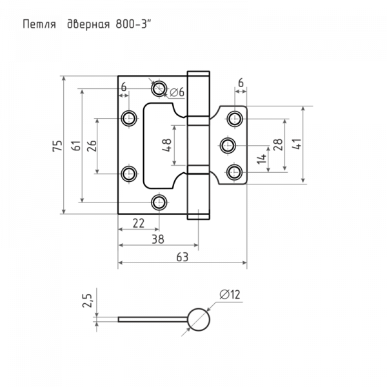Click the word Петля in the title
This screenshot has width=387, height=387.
(39, 25)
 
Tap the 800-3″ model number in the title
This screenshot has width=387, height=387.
(133, 25)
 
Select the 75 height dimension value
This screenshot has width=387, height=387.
(57, 146)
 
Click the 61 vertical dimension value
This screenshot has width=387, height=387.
(76, 146)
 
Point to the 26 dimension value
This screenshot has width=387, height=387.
(92, 146)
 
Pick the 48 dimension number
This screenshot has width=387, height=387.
(166, 145)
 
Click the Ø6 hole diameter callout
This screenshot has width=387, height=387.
(177, 92)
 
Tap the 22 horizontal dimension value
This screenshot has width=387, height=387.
(139, 223)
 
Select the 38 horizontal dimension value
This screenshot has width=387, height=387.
(158, 239)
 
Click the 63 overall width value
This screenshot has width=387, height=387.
(183, 257)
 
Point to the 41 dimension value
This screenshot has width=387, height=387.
(297, 144)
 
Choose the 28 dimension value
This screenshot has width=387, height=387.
(277, 144)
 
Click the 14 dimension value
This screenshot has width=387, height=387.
(261, 159)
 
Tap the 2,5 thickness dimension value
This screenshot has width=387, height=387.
(87, 301)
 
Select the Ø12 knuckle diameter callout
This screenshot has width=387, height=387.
(230, 295)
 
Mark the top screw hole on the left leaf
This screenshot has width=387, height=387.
(159, 88)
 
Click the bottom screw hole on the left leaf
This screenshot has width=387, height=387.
(159, 203)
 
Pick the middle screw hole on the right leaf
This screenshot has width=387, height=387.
(228, 146)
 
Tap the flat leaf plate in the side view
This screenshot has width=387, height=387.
(153, 320)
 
